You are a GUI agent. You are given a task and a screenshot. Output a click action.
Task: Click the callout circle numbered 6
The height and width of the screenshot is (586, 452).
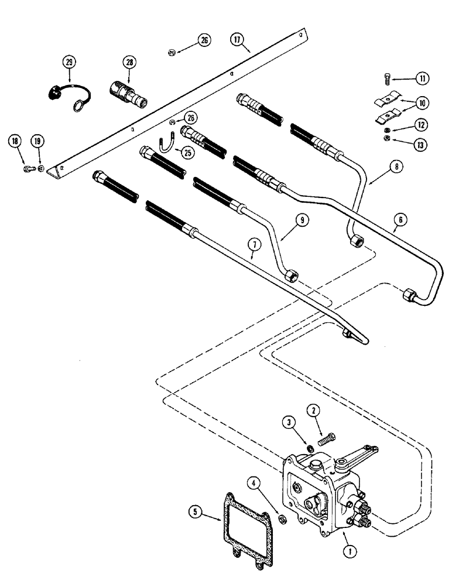(401, 220)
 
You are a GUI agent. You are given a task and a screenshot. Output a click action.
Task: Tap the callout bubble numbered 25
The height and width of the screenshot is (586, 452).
(187, 152)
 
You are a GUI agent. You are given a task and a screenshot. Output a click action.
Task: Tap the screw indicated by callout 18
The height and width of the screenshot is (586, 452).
(28, 169)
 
